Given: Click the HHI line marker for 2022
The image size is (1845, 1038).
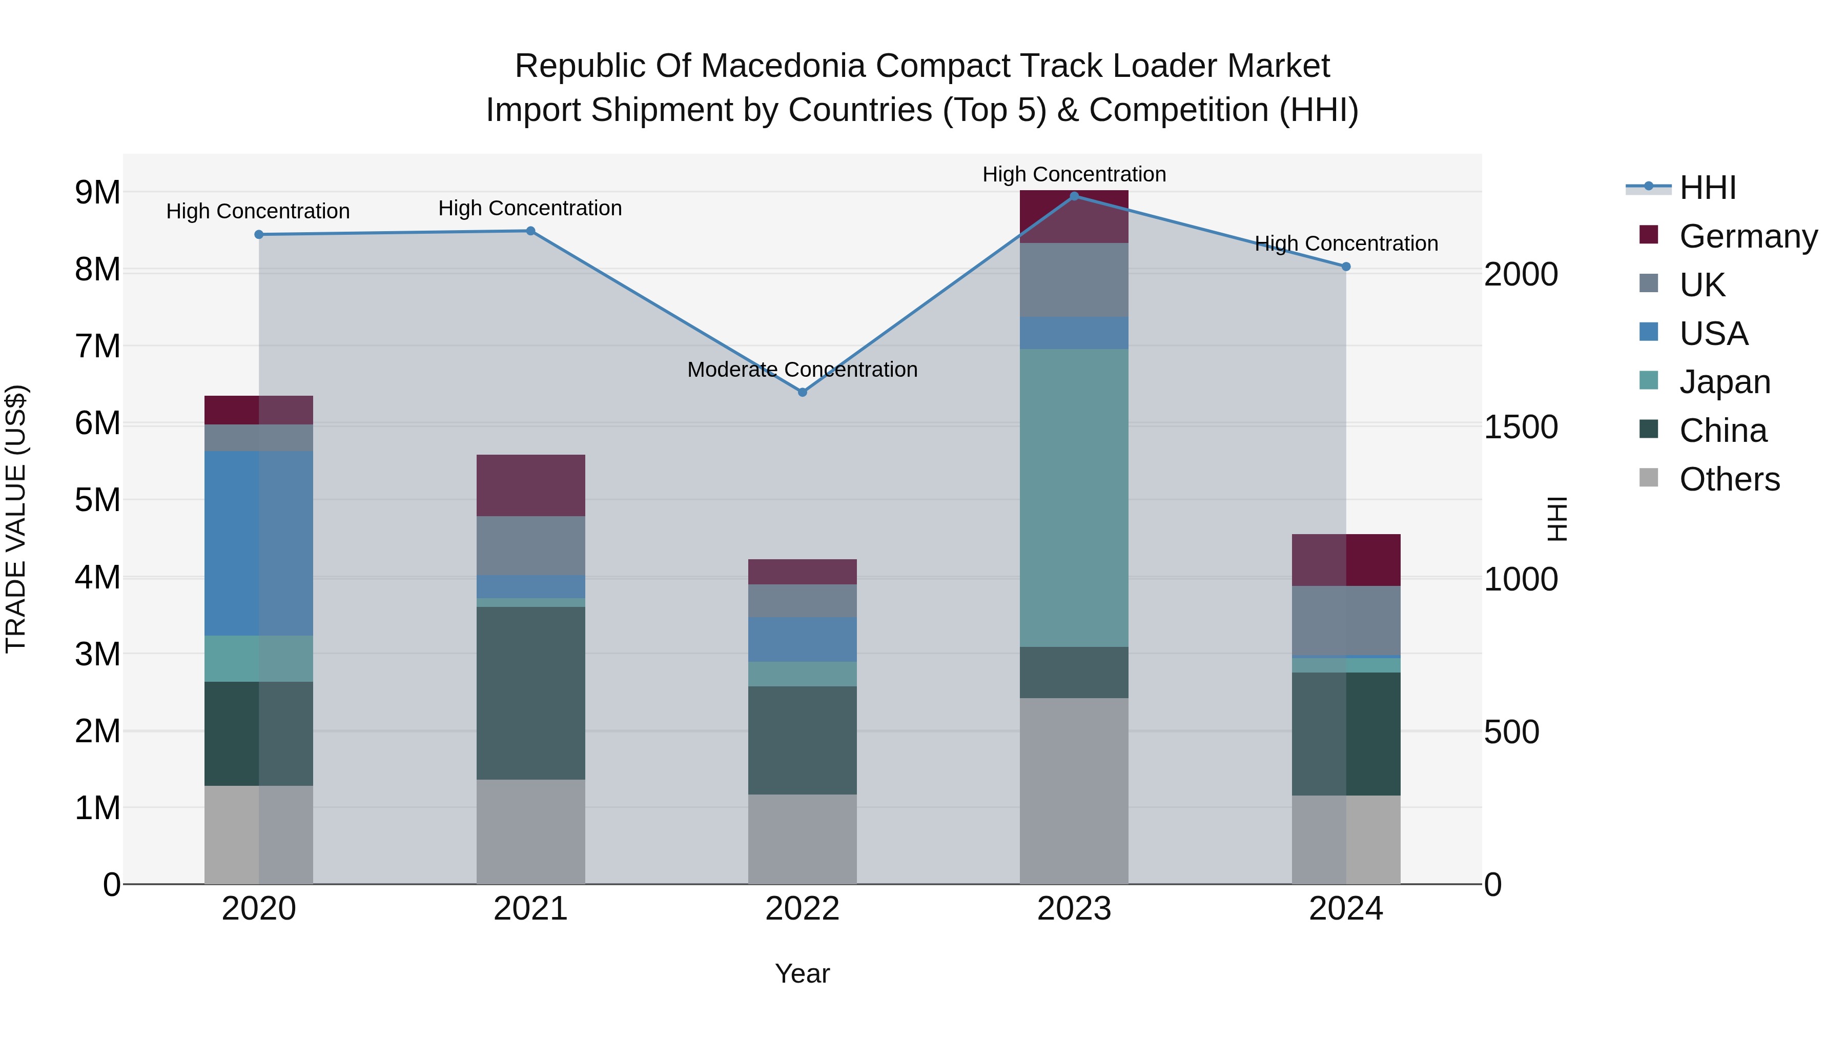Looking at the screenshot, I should (802, 392).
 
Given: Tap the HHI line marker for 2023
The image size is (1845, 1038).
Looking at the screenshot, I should (1074, 196).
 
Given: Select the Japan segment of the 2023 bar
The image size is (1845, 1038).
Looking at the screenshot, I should (1074, 498).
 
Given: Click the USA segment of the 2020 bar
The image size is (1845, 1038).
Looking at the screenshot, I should (259, 542).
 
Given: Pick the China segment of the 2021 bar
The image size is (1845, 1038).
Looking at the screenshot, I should (531, 693).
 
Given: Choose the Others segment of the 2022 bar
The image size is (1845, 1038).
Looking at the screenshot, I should (802, 839).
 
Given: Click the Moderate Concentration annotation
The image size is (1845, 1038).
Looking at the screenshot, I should (802, 370).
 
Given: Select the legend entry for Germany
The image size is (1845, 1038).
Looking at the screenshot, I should (1748, 236).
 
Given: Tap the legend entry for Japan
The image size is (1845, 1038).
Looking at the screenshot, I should (1724, 382).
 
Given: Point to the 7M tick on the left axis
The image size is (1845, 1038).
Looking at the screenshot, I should (97, 346).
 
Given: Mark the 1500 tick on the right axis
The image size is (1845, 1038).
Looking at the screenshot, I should (1521, 427).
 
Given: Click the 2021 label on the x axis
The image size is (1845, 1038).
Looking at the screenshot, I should (531, 909).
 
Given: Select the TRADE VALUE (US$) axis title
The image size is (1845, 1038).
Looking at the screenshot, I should (16, 519).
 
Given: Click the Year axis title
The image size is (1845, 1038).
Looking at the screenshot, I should (802, 973).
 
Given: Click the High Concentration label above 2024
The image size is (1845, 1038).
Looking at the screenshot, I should (1346, 243).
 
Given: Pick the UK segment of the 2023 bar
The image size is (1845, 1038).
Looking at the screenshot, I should (1074, 279).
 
